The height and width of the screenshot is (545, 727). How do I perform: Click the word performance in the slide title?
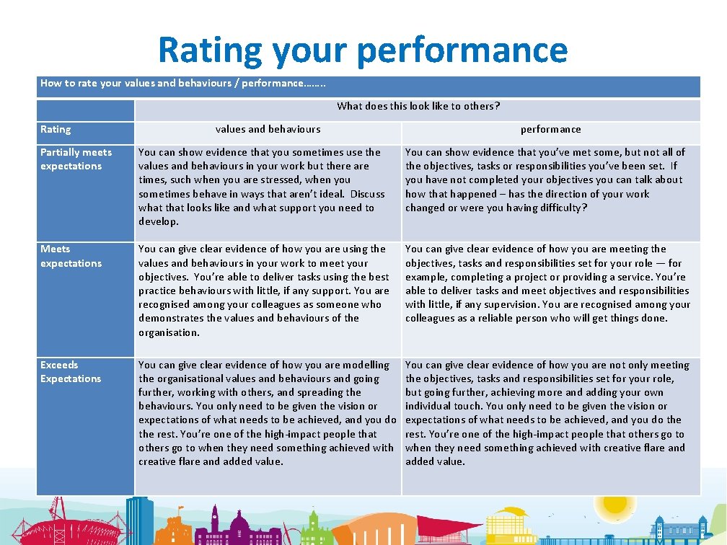(462, 50)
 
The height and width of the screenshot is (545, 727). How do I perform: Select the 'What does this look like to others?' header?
(418, 106)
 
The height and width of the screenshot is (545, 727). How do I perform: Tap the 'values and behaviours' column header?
(268, 129)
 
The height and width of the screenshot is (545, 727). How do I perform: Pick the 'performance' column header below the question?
(550, 129)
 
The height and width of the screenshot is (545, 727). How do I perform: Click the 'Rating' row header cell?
(56, 130)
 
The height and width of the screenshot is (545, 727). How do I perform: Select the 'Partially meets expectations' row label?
(76, 159)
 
